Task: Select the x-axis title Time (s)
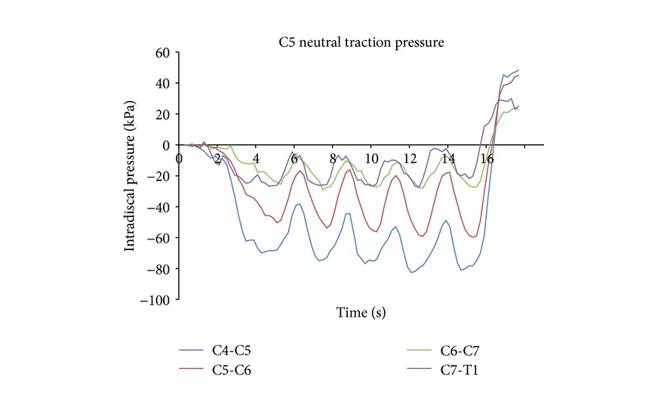tap(361, 312)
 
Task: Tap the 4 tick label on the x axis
tap(256, 159)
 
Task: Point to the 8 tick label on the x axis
tap(333, 159)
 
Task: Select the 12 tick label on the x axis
tap(410, 159)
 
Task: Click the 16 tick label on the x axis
tap(487, 159)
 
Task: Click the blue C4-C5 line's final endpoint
tap(519, 70)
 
